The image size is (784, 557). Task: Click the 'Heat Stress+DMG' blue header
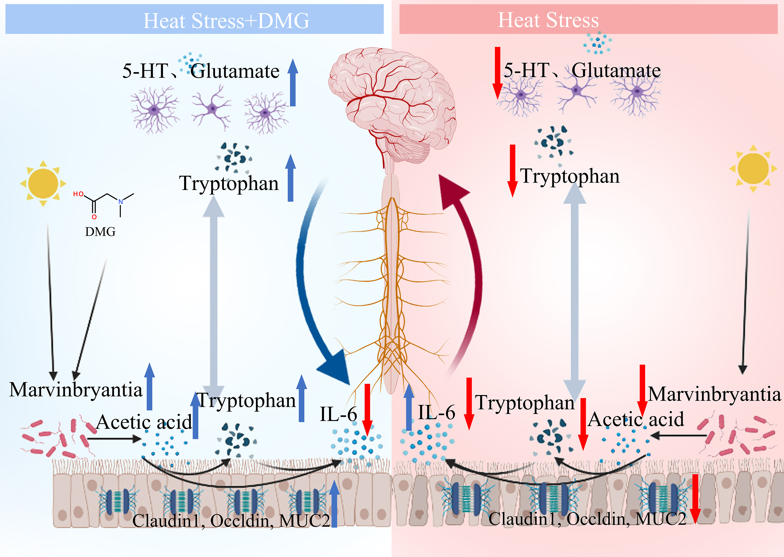tap(226, 21)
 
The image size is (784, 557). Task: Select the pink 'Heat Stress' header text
tap(548, 20)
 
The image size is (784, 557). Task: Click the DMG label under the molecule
tap(100, 232)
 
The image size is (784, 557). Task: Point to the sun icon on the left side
tap(43, 183)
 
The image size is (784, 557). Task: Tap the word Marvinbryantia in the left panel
tap(76, 390)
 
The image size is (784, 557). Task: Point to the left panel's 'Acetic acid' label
tap(144, 422)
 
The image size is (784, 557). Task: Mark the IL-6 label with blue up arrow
tap(436, 412)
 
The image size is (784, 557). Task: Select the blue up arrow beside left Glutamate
tap(292, 82)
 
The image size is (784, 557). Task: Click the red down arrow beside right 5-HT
tap(498, 73)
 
